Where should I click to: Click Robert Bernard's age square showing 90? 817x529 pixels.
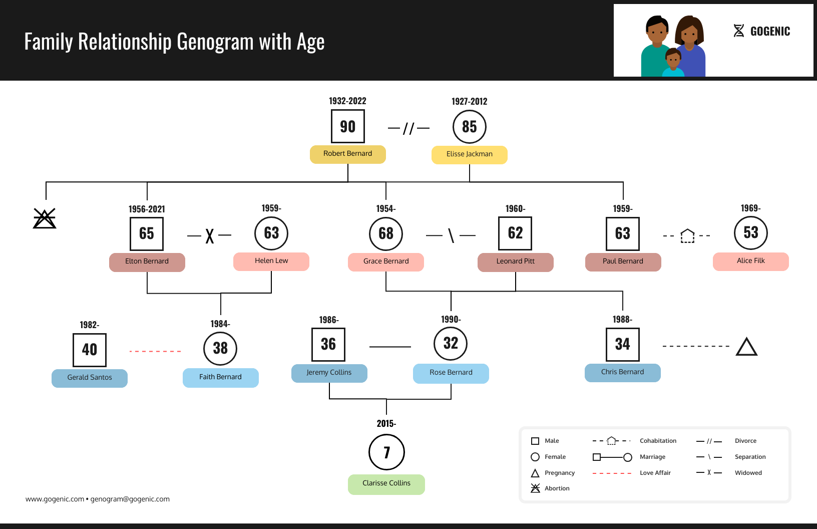[348, 127]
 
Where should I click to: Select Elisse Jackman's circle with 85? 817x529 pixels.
[470, 127]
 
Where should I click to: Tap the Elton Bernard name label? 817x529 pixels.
[147, 261]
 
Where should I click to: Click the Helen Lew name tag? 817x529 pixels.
[271, 261]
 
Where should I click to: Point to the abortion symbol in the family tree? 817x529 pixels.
[45, 218]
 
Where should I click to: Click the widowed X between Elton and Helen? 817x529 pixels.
[210, 235]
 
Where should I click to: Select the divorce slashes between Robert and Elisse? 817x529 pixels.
[408, 129]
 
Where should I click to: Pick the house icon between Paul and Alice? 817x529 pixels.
[688, 235]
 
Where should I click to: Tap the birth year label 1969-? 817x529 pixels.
[750, 208]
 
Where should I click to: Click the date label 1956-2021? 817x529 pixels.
[147, 209]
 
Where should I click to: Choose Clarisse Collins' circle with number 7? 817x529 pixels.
[386, 452]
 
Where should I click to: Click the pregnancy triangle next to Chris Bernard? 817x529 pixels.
[746, 347]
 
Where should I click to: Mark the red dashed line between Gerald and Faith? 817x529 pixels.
[155, 351]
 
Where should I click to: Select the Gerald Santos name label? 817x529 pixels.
[90, 378]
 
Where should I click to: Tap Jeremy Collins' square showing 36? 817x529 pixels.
[328, 345]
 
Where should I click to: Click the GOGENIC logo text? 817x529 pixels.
[770, 32]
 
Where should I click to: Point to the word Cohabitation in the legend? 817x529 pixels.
[658, 441]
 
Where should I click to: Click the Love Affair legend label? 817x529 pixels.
[655, 473]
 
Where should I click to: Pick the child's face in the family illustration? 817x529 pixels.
[673, 60]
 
